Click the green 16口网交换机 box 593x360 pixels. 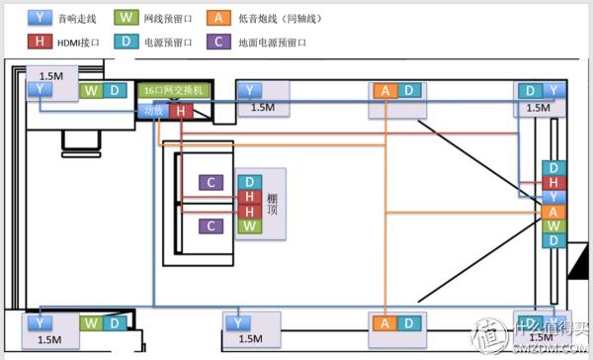coord(173,91)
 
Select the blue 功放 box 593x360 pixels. coord(153,111)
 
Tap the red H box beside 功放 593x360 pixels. coord(180,111)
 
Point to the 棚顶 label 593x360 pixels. coord(273,205)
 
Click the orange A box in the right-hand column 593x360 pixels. coord(553,212)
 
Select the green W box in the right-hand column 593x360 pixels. coord(553,226)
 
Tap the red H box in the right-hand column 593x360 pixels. coord(553,183)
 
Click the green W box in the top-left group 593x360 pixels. coord(91,91)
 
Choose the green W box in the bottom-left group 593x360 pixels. coord(91,322)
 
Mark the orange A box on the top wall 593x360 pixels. coord(384,91)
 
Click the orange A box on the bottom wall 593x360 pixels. coord(384,323)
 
